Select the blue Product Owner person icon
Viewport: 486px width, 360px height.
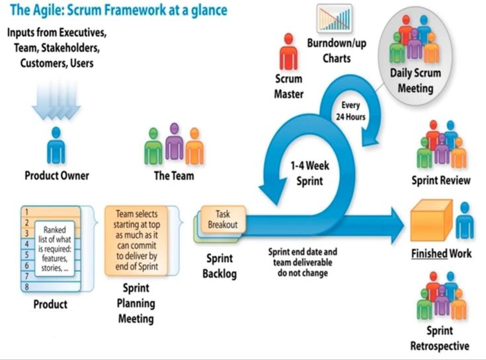(x=57, y=146)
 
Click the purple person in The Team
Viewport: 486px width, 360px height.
(x=174, y=141)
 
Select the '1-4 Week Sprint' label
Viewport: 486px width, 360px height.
(x=309, y=173)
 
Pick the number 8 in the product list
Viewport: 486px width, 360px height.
(x=26, y=287)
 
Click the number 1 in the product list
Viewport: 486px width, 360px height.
(x=26, y=212)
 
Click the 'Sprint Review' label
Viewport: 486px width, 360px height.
(x=441, y=180)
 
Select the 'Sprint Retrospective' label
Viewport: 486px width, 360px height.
(x=440, y=338)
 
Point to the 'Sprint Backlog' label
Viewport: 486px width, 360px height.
(x=219, y=265)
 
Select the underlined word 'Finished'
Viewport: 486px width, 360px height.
(x=429, y=254)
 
